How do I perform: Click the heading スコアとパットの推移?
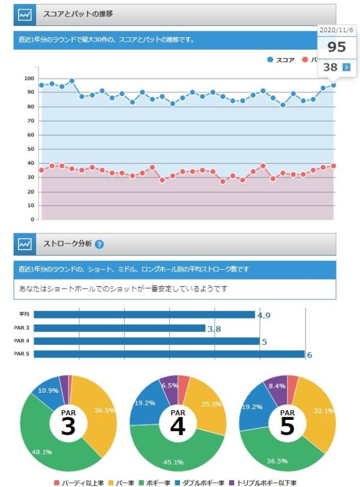[x=78, y=13]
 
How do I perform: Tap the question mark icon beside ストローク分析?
[x=100, y=244]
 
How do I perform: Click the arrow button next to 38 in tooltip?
[x=346, y=67]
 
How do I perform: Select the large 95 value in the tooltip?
[x=336, y=47]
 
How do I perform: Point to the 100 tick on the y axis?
[x=29, y=78]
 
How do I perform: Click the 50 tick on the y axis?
[x=29, y=149]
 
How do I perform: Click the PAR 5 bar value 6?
[x=310, y=355]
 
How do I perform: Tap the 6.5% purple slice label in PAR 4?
[x=170, y=386]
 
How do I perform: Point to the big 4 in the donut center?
[x=178, y=426]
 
